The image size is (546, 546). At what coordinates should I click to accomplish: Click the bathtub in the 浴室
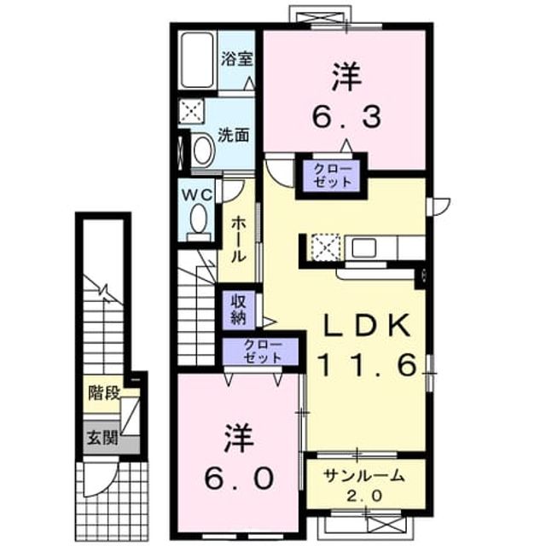197,60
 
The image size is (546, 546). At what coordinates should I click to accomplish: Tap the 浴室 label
237,60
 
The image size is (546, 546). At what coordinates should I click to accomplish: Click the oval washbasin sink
203,150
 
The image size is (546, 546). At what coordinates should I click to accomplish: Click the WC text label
197,195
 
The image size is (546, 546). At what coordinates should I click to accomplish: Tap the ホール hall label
239,240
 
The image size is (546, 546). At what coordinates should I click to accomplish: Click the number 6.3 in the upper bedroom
346,117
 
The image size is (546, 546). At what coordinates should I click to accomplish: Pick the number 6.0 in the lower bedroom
239,478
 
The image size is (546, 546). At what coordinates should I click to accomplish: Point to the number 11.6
368,364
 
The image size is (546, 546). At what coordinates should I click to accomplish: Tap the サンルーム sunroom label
364,476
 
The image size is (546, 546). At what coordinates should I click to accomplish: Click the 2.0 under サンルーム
364,496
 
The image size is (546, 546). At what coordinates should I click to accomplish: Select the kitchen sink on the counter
363,248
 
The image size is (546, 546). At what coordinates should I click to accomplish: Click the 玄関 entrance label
102,438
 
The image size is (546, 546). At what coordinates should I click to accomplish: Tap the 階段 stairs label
104,393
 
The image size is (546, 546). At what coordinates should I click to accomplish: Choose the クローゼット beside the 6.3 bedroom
333,176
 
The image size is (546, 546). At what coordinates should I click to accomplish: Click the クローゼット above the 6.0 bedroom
262,351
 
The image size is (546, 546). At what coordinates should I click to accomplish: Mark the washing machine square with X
191,111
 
